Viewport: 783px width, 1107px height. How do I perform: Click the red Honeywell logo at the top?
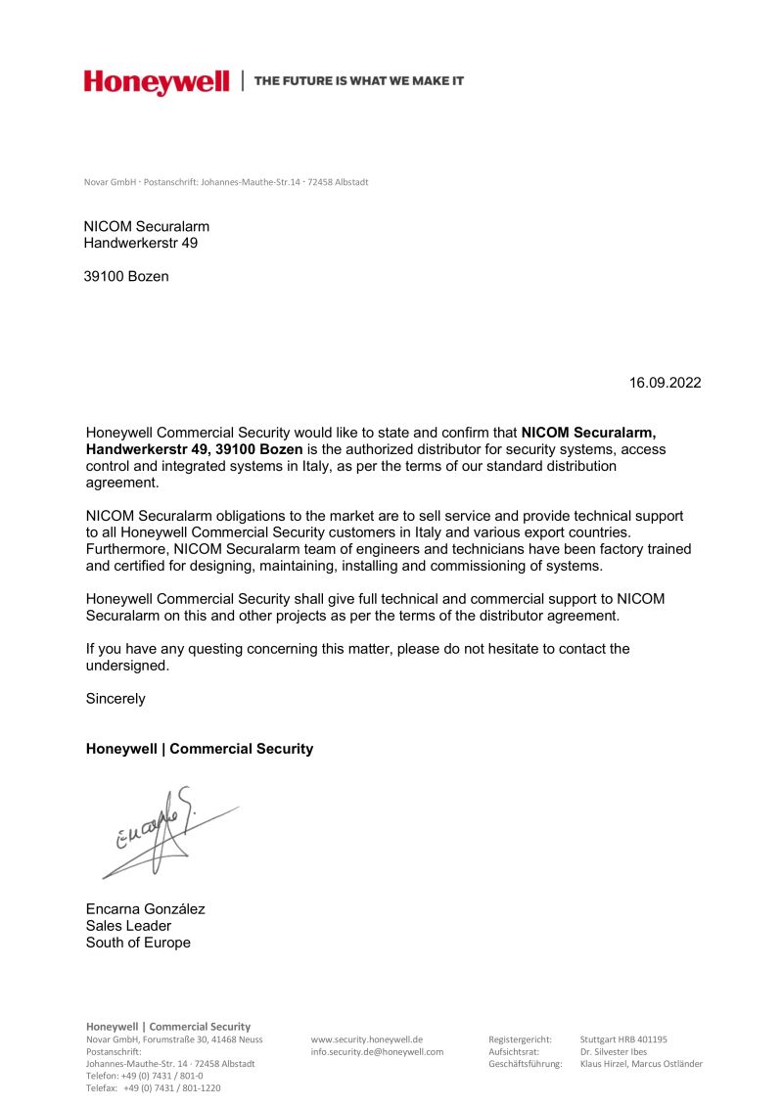157,82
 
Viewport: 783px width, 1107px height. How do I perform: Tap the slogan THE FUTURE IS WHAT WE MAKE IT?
359,81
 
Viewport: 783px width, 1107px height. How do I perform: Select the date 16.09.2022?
666,383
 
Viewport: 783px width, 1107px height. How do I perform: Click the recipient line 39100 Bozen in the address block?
126,277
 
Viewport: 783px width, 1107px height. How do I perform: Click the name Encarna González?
146,908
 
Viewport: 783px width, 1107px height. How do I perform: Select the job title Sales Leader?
128,926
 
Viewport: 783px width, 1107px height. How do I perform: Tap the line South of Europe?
138,943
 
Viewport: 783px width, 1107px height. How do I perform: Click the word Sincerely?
115,699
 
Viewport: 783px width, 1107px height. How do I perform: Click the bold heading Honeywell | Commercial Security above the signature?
200,749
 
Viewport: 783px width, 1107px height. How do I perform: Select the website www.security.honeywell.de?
366,1039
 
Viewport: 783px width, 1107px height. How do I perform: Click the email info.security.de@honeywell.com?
377,1052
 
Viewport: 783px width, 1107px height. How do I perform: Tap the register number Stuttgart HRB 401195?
623,1039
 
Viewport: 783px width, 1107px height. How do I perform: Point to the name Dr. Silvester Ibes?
614,1052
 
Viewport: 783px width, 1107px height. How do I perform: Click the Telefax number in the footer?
154,1087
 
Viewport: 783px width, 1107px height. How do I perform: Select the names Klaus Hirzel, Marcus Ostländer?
641,1064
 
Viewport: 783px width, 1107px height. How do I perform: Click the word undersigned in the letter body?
127,666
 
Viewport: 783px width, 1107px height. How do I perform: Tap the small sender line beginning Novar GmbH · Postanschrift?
226,183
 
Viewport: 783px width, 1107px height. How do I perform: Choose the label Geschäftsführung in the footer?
525,1064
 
